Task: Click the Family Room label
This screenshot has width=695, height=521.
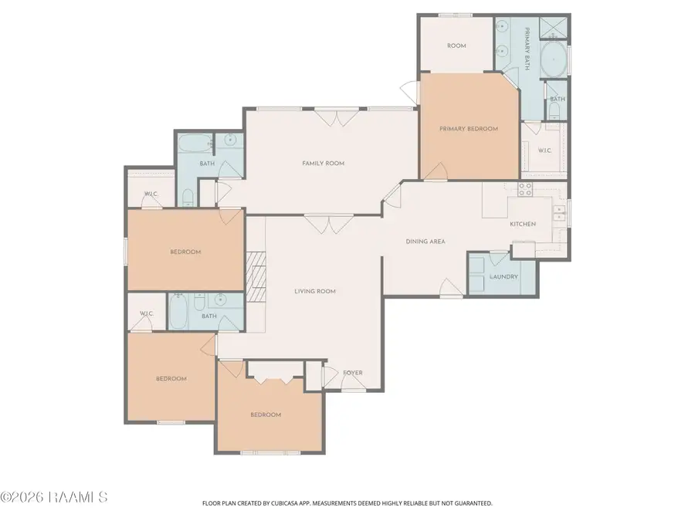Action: pyautogui.click(x=323, y=163)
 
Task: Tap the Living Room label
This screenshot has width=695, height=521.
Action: pyautogui.click(x=315, y=291)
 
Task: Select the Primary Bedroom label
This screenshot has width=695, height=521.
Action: pyautogui.click(x=469, y=129)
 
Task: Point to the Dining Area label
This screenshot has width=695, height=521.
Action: pyautogui.click(x=425, y=242)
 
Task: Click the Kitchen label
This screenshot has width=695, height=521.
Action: pyautogui.click(x=523, y=224)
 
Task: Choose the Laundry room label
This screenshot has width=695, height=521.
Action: pyautogui.click(x=504, y=276)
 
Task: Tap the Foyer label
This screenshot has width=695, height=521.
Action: pyautogui.click(x=353, y=373)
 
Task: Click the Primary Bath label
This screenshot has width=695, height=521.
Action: pyautogui.click(x=527, y=49)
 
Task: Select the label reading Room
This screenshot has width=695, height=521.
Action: pyautogui.click(x=456, y=46)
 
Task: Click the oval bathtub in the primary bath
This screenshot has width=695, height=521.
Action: pyautogui.click(x=553, y=59)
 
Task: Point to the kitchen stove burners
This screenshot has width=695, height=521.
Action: pyautogui.click(x=525, y=189)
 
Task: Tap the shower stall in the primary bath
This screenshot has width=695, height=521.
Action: pyautogui.click(x=553, y=28)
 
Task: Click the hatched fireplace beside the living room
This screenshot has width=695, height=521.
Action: pyautogui.click(x=256, y=277)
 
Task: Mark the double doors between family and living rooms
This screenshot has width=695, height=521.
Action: pyautogui.click(x=328, y=224)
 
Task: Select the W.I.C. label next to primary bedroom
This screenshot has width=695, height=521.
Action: pyautogui.click(x=545, y=151)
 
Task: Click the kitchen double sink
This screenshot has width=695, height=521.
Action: pyautogui.click(x=559, y=213)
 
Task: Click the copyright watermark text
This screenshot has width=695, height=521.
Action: pyautogui.click(x=54, y=497)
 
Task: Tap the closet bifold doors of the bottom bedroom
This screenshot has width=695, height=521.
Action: pyautogui.click(x=275, y=380)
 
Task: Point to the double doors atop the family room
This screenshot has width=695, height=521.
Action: pyautogui.click(x=337, y=117)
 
